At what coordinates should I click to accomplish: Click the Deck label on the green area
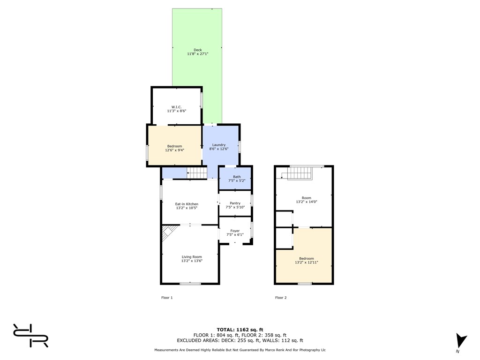tap(198, 50)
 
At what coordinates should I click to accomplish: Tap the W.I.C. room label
tap(176, 107)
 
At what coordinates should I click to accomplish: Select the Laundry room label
tap(219, 145)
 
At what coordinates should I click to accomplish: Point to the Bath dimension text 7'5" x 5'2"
tap(237, 180)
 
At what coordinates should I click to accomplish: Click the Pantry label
tap(235, 203)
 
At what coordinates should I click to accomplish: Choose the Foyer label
tap(235, 231)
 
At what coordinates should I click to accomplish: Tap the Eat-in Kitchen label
tap(187, 204)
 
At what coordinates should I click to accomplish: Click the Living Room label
tap(192, 257)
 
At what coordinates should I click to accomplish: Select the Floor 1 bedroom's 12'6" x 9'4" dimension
tap(174, 150)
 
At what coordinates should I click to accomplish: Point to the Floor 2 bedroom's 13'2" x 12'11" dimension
tap(307, 262)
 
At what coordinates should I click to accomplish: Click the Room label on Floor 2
tap(307, 198)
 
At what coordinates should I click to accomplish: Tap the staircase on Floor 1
tap(197, 172)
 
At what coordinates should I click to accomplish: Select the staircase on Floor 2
tap(300, 173)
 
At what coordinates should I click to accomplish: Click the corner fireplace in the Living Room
tap(169, 232)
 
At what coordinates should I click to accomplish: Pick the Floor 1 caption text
tap(167, 298)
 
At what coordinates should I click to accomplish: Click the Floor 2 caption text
tap(281, 298)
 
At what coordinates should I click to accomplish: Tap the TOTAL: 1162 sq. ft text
tap(240, 330)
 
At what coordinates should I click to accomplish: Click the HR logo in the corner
tap(30, 336)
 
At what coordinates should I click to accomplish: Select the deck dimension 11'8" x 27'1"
tap(198, 54)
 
